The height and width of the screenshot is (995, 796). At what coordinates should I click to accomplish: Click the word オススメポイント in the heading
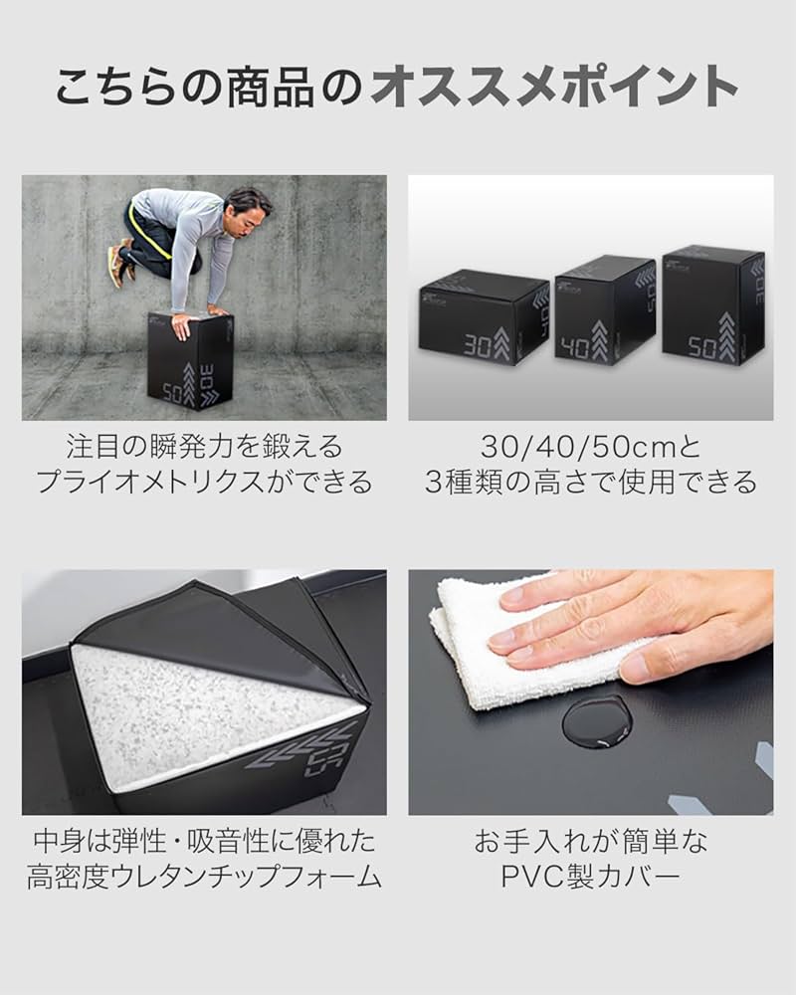[x=553, y=88]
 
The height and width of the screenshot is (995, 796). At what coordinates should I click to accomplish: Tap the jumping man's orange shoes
[x=119, y=261]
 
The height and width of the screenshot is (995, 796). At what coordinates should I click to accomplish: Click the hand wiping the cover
[x=637, y=622]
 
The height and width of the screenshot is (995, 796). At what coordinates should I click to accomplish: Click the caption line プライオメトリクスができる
[x=204, y=483]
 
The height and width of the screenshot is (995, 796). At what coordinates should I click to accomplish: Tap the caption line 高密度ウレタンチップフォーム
[x=204, y=877]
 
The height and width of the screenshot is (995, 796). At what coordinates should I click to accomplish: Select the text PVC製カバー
[x=590, y=877]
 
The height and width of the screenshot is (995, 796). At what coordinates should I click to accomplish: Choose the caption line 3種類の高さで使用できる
[x=590, y=483]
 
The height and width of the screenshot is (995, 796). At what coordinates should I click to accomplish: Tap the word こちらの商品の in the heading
[x=209, y=88]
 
